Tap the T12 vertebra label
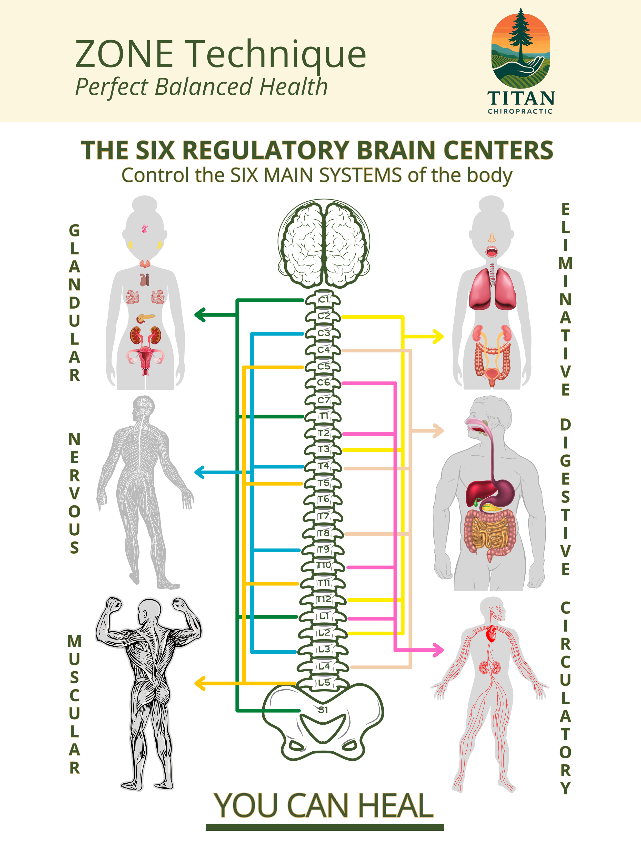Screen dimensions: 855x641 pos(324,599)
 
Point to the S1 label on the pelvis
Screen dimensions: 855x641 pos(323,710)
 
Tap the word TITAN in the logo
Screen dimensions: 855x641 pos(521,98)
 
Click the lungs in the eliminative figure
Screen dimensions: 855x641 pos(492,289)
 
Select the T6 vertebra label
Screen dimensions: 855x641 pos(324,499)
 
